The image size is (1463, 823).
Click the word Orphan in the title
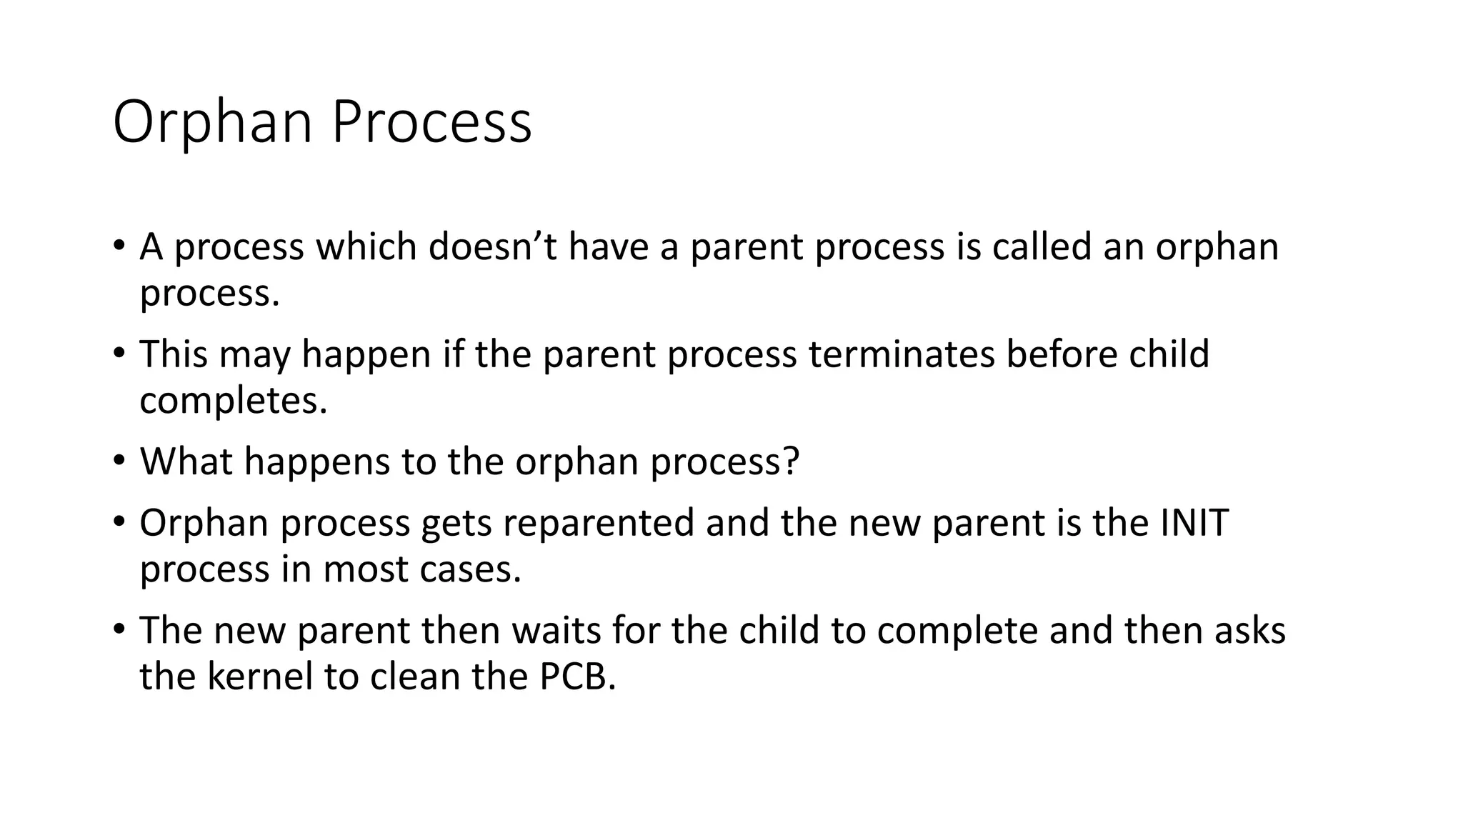(212, 123)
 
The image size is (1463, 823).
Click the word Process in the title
(431, 123)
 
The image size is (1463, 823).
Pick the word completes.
(233, 401)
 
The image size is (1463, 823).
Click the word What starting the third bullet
(186, 462)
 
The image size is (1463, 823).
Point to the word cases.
(470, 569)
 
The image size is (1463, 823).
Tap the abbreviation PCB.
(577, 677)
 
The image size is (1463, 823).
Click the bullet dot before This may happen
(119, 352)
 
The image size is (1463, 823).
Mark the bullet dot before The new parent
(119, 629)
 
